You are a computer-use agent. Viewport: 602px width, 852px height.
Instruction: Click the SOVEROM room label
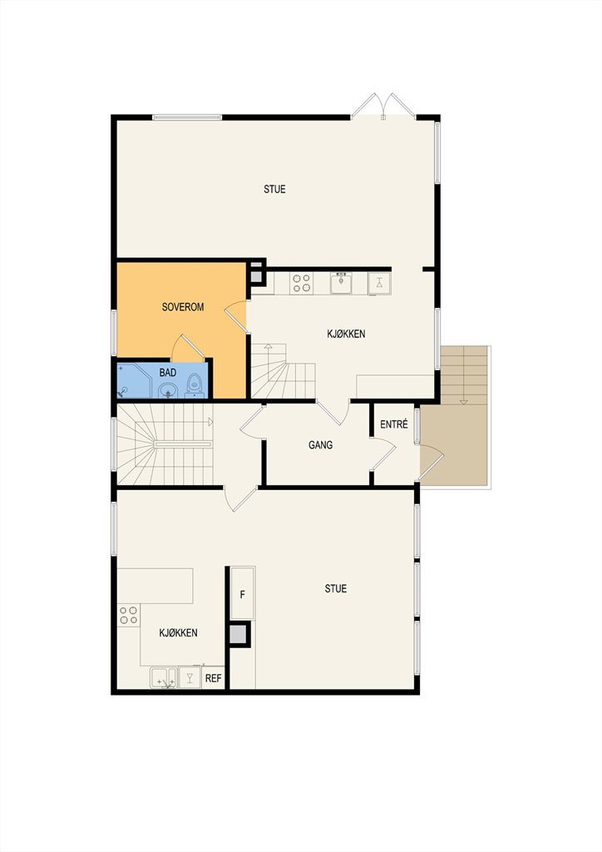point(183,307)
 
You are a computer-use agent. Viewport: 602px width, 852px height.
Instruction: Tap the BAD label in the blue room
point(168,373)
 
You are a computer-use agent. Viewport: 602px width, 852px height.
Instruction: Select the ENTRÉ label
point(393,424)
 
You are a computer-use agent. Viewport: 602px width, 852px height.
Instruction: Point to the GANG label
point(320,445)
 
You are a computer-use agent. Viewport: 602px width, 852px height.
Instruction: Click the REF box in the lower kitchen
point(214,679)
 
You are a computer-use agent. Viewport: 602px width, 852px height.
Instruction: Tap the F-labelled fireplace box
point(243,594)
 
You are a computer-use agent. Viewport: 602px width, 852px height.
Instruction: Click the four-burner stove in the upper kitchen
point(302,283)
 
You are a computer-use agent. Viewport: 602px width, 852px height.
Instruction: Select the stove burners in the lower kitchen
point(129,615)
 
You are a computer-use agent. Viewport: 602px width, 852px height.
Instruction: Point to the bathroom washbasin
point(168,390)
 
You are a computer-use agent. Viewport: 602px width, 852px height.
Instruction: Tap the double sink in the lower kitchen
point(164,678)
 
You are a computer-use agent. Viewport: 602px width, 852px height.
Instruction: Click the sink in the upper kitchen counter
point(342,283)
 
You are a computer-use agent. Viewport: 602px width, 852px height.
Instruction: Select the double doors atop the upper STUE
point(383,106)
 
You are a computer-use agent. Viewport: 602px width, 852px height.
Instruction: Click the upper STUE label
point(274,189)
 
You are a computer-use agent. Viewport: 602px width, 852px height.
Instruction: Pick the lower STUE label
point(335,588)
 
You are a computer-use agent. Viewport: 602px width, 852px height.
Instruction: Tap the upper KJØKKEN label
point(346,334)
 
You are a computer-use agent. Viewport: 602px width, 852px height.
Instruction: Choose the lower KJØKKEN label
point(178,633)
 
